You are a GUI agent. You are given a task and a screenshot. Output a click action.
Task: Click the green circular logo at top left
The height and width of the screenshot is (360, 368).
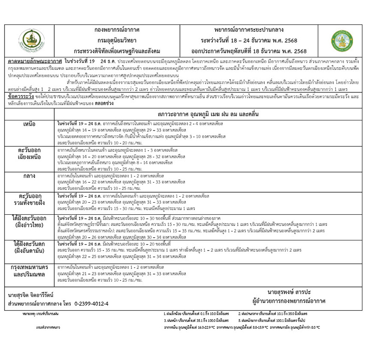tap(32, 40)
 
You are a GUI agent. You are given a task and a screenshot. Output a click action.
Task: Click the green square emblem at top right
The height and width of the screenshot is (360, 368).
tap(344, 40)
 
